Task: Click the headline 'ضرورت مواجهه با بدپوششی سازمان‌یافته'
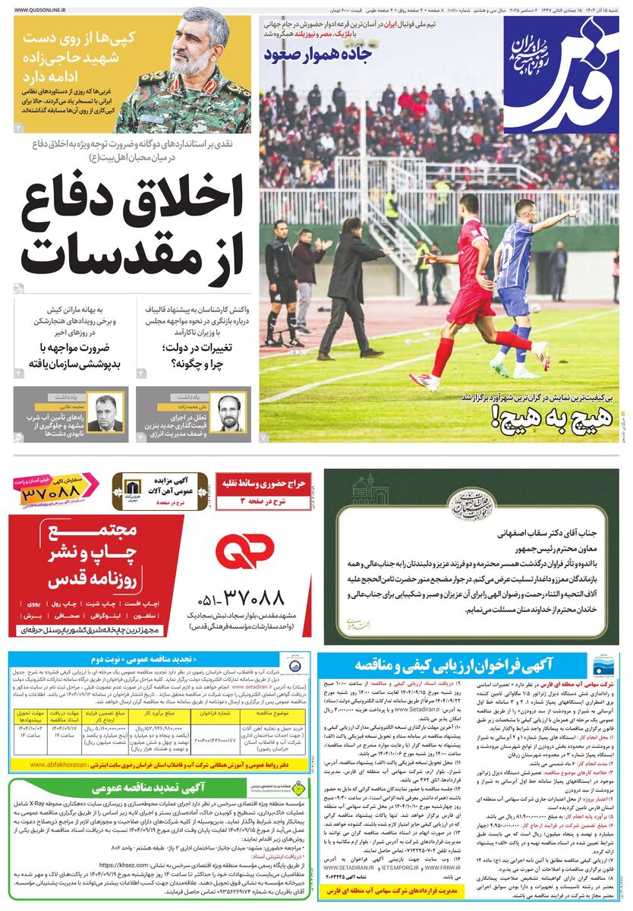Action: (72, 355)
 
